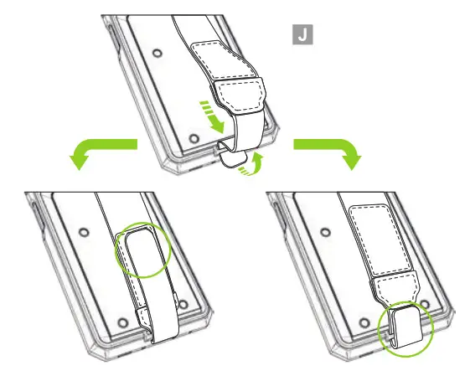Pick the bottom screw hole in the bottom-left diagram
(x=121, y=322)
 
